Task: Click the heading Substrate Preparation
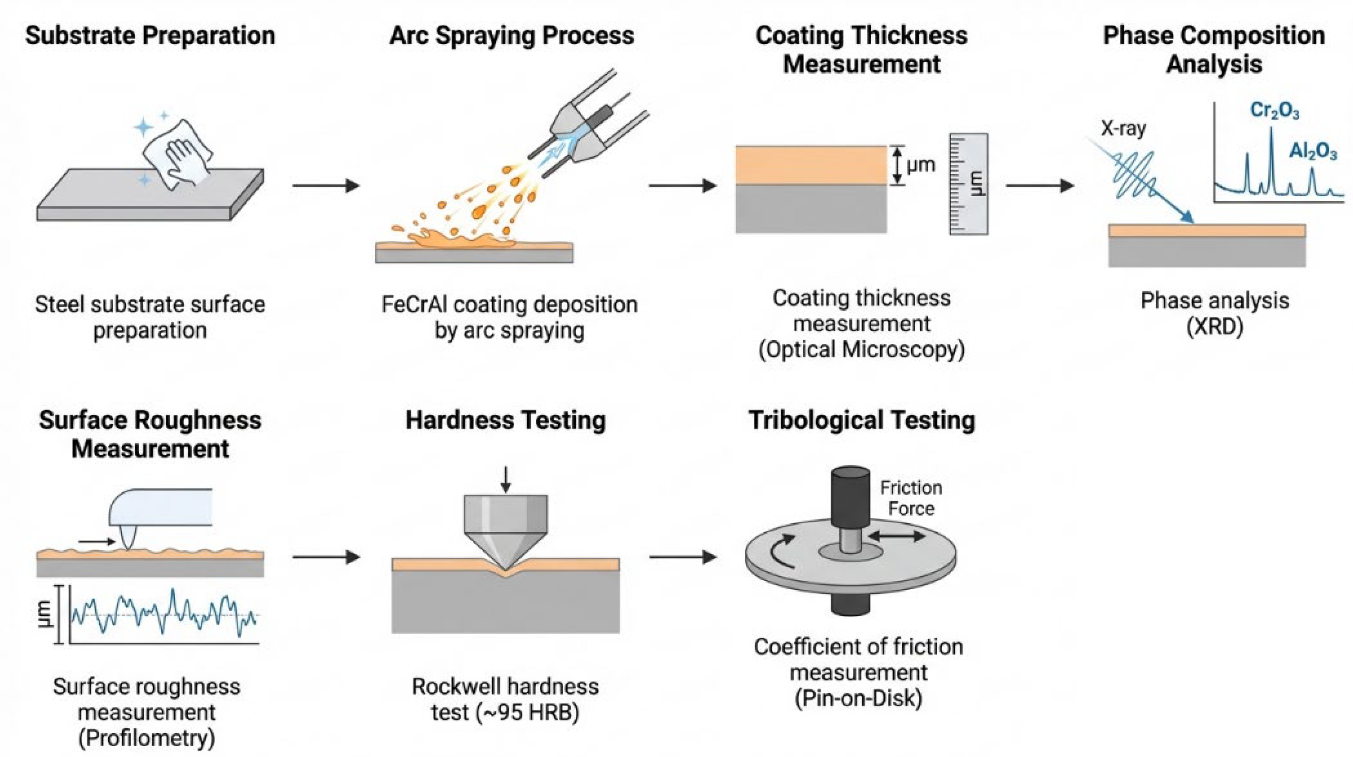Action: pyautogui.click(x=150, y=36)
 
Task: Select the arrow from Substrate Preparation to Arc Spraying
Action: pyautogui.click(x=326, y=185)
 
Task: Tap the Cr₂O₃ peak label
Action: pyautogui.click(x=1275, y=111)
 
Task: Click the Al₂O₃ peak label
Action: pyautogui.click(x=1313, y=152)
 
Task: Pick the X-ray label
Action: pyautogui.click(x=1123, y=129)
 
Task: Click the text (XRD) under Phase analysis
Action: pyautogui.click(x=1215, y=327)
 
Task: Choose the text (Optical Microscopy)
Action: pyautogui.click(x=862, y=350)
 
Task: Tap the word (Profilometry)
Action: pyautogui.click(x=147, y=738)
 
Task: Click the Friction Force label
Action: pyautogui.click(x=911, y=498)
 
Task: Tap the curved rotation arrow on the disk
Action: pyautogui.click(x=776, y=559)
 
